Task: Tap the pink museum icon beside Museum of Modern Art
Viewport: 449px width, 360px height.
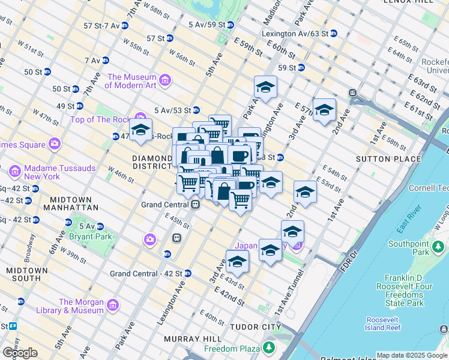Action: pos(165,79)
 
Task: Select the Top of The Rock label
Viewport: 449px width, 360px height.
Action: pos(100,119)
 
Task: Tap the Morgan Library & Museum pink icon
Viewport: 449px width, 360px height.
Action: pos(112,307)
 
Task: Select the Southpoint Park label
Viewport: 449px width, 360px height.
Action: pos(408,248)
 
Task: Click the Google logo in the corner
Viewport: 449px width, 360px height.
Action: pos(20,353)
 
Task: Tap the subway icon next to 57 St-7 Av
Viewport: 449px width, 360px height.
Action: pos(124,26)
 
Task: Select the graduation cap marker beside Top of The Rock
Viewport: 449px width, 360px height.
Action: pos(140,130)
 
